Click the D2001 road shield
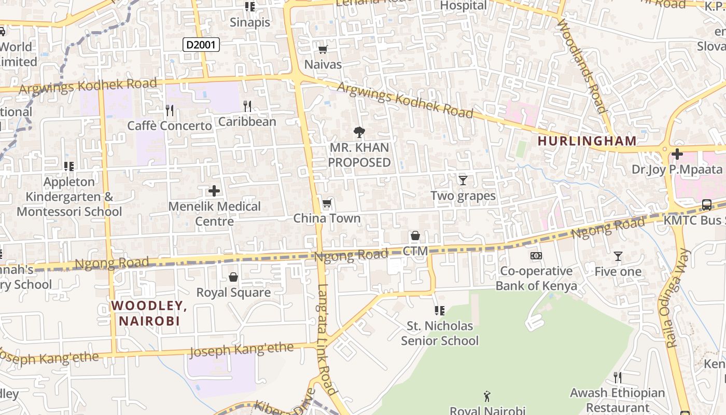click(x=201, y=45)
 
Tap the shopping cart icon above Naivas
click(x=323, y=49)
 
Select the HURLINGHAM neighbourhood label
click(x=587, y=141)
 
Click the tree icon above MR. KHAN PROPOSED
click(x=359, y=132)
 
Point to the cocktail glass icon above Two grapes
click(x=463, y=180)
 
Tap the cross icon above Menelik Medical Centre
click(x=214, y=191)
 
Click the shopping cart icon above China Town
click(x=327, y=203)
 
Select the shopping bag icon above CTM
click(x=415, y=236)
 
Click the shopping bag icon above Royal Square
click(x=233, y=277)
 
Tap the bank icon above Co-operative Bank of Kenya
click(x=536, y=256)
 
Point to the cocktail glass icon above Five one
click(x=618, y=256)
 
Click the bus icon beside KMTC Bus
click(x=706, y=204)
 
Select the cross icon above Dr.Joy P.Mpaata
click(x=677, y=154)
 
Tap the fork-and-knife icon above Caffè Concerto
click(x=169, y=110)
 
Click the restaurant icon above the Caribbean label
click(x=247, y=106)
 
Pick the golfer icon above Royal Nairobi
click(x=487, y=397)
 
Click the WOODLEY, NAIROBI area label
click(x=149, y=313)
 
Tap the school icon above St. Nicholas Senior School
click(x=439, y=311)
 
